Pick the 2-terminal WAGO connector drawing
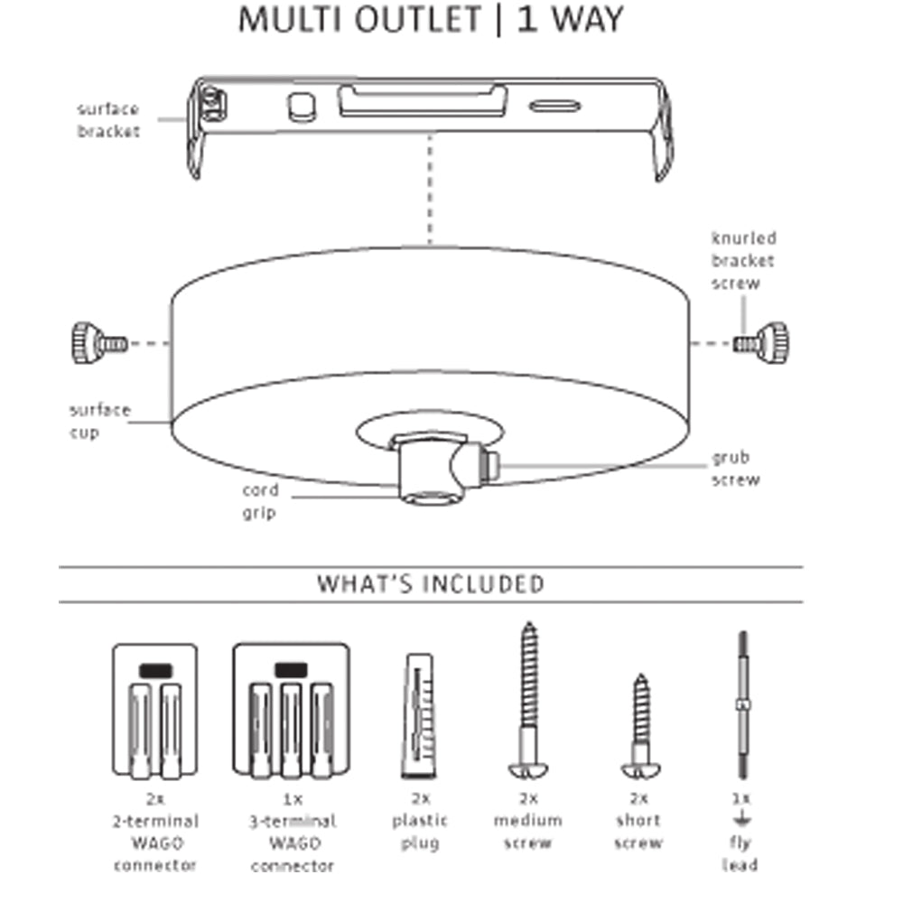click(x=154, y=711)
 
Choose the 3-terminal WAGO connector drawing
click(x=291, y=711)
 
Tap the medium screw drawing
click(x=528, y=700)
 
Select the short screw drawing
click(x=640, y=727)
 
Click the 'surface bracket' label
click(x=108, y=120)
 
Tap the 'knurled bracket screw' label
click(x=743, y=261)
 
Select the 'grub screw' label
click(x=736, y=469)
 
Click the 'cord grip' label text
click(x=260, y=502)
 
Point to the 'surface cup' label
click(x=100, y=421)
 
